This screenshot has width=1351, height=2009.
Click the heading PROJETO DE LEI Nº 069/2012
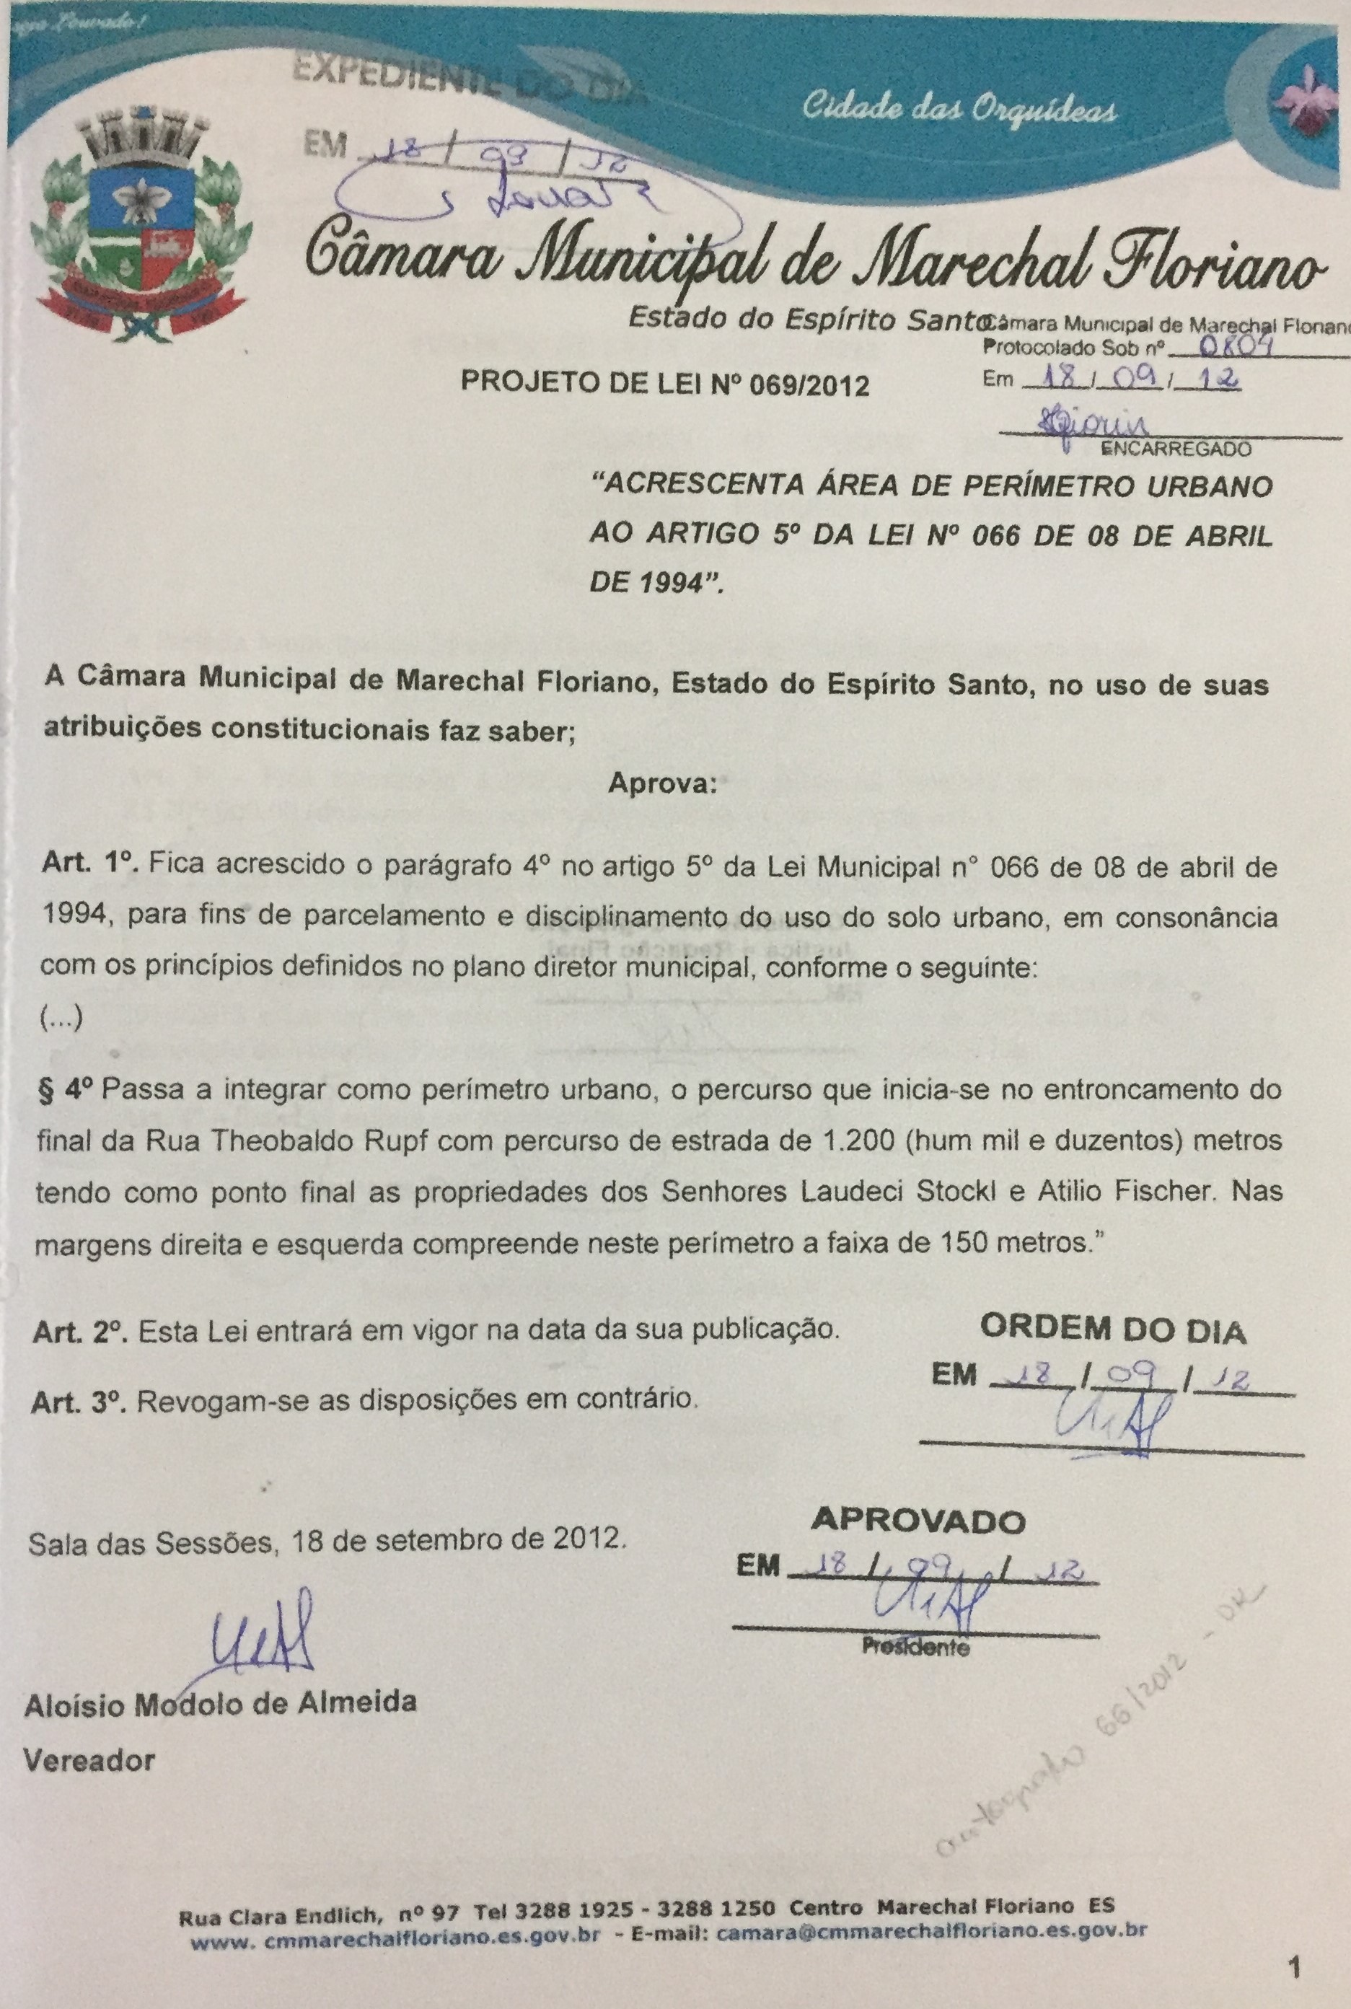coord(665,384)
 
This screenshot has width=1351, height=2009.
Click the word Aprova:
coord(661,785)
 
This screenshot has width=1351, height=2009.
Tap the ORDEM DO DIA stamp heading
coord(1112,1331)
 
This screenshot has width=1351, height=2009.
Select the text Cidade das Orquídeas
coord(960,110)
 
